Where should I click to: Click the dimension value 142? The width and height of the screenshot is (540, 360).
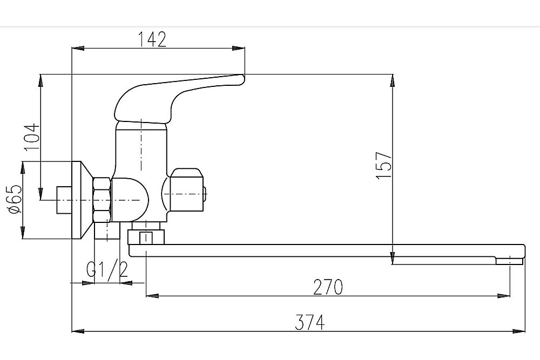[x=152, y=39]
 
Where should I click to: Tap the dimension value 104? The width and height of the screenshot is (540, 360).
[x=32, y=137]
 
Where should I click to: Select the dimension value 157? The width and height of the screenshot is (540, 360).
[x=384, y=165]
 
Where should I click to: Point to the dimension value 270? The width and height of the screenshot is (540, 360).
[x=328, y=287]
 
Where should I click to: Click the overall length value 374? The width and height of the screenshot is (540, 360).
[x=309, y=322]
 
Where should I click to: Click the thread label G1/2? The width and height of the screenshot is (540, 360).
[x=107, y=269]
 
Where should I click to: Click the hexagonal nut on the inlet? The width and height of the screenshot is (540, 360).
[x=102, y=200]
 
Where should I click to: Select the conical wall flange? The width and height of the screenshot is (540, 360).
[x=83, y=200]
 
